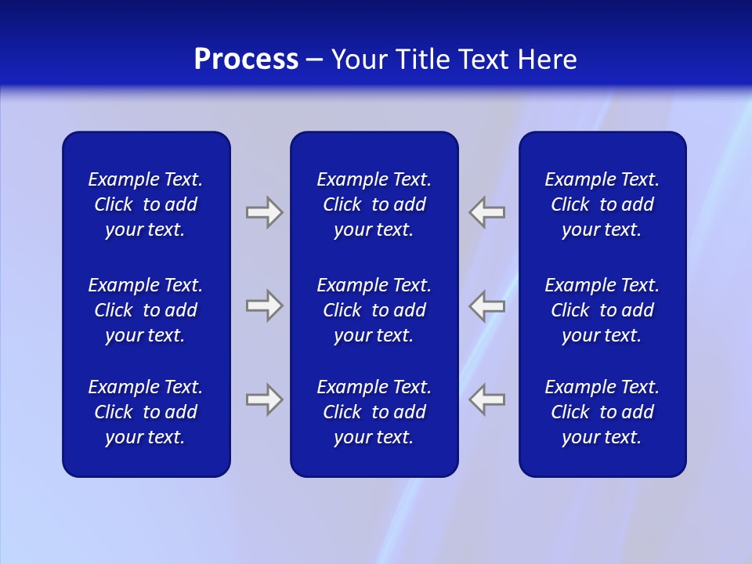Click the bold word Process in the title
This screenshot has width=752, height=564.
pos(246,60)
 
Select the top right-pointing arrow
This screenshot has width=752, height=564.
pos(264,212)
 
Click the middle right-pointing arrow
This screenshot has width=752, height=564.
pos(264,305)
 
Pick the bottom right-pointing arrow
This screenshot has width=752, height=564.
pos(264,399)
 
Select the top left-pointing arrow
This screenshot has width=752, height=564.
pos(487,212)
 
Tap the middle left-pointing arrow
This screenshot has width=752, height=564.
pos(487,305)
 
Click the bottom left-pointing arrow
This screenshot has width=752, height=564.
pos(487,399)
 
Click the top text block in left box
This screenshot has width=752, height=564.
pos(146,204)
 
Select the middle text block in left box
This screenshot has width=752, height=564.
pos(146,310)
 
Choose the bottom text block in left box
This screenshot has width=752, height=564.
pos(146,412)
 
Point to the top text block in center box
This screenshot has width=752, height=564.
pos(374,204)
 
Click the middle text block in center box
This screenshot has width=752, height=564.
pos(374,310)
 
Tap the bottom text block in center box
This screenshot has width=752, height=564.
pos(374,412)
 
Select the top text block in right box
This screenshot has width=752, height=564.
pos(602,204)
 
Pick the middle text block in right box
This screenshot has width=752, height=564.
pos(602,310)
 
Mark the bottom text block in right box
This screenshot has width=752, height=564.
pos(602,412)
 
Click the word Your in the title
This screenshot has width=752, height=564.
pos(357,60)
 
